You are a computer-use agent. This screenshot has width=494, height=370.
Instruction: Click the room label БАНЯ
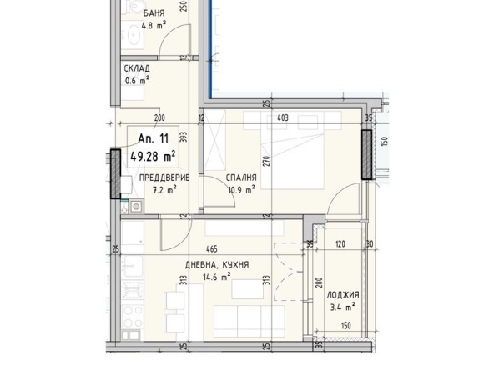point(153,13)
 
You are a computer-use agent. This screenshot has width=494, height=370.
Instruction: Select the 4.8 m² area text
point(153,25)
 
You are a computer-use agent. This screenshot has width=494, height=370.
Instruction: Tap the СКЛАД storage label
point(137,68)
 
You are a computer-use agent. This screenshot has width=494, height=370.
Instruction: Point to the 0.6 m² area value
point(137,80)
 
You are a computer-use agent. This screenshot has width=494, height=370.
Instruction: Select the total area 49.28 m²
point(152,155)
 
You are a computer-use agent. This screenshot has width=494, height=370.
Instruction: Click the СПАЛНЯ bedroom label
point(240,177)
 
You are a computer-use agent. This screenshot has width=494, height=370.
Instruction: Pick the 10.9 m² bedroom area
point(240,189)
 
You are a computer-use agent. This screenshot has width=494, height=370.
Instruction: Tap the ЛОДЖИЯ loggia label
point(342,295)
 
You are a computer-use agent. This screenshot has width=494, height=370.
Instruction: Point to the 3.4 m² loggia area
point(342,307)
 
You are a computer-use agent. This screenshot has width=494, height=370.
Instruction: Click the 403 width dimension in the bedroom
point(283,118)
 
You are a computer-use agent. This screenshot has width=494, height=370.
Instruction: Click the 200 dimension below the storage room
point(160,118)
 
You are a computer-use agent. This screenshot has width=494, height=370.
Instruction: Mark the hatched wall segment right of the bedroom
point(366,154)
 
